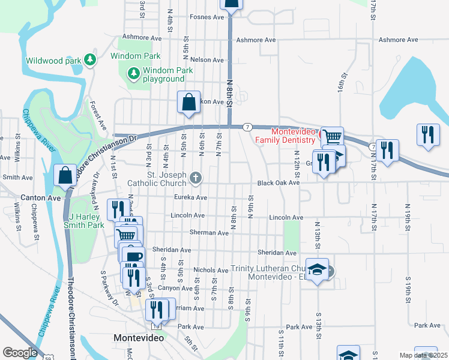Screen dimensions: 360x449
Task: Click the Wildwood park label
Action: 53,61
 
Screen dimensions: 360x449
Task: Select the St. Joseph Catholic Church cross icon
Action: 195,177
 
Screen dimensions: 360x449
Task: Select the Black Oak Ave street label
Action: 278,184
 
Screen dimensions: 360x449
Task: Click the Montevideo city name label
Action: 139,338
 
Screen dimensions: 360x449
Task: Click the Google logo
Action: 20,353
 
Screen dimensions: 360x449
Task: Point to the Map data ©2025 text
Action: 423,355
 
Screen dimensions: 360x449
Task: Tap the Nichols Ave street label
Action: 211,271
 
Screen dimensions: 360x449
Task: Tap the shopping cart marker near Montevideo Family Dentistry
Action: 332,137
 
